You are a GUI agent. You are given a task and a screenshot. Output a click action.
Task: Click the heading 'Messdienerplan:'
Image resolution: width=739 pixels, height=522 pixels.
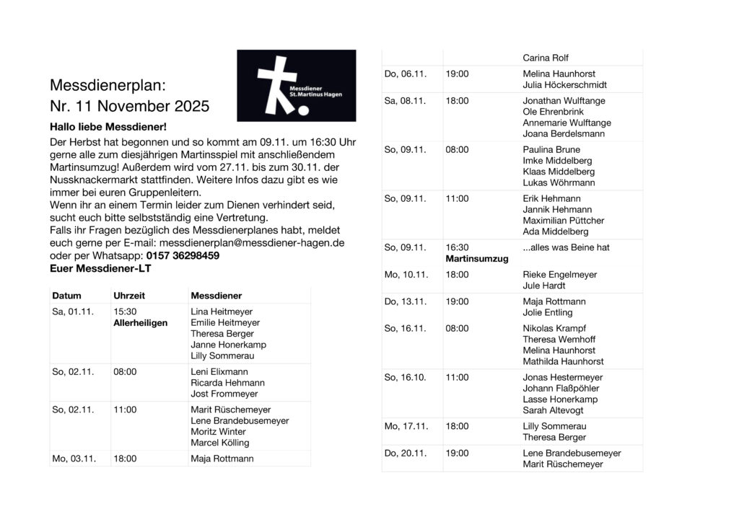pyautogui.click(x=108, y=85)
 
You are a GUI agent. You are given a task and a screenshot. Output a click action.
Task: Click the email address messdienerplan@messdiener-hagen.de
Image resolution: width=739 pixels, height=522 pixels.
pyautogui.click(x=252, y=243)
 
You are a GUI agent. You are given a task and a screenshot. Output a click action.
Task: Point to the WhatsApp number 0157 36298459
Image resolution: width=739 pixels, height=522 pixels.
pyautogui.click(x=183, y=255)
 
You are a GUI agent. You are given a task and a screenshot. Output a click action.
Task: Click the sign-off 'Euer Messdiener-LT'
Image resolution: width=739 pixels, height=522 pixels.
pyautogui.click(x=100, y=268)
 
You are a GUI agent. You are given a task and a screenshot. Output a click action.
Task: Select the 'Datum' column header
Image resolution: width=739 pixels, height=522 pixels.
pyautogui.click(x=66, y=296)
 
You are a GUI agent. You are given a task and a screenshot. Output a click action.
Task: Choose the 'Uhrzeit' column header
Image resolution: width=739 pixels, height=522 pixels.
pyautogui.click(x=129, y=296)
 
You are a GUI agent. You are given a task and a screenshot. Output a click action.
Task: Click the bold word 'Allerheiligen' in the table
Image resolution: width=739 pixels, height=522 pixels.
pyautogui.click(x=140, y=323)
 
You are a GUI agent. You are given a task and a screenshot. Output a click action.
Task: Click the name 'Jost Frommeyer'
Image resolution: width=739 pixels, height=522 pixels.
pyautogui.click(x=224, y=394)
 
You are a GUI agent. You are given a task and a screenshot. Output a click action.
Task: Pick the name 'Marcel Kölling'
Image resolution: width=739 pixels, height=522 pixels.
pyautogui.click(x=219, y=443)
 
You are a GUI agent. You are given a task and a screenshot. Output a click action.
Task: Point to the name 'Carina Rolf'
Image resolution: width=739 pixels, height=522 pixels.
pyautogui.click(x=546, y=58)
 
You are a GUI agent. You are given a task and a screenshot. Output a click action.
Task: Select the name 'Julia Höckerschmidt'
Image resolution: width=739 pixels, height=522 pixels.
pyautogui.click(x=564, y=85)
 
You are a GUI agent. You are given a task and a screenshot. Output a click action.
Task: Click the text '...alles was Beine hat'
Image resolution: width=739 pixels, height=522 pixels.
pyautogui.click(x=566, y=247)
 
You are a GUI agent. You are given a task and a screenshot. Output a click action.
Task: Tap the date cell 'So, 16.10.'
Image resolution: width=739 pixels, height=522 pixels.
pyautogui.click(x=405, y=377)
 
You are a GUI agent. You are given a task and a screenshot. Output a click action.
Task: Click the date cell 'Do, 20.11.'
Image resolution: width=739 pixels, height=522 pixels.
pyautogui.click(x=405, y=453)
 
